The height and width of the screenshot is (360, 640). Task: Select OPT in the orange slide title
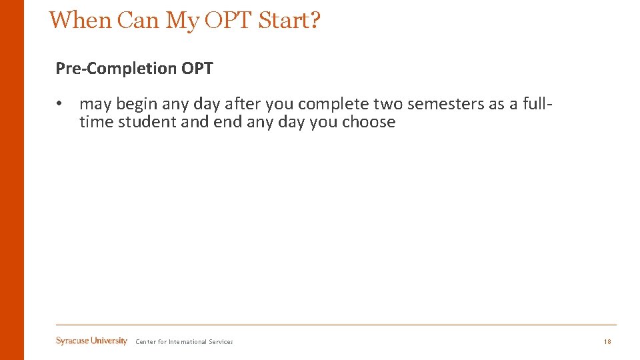tap(228, 20)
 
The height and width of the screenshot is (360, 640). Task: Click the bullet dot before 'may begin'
tap(59, 104)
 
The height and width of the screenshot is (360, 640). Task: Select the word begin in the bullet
tap(137, 104)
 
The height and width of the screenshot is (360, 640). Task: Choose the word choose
tap(369, 122)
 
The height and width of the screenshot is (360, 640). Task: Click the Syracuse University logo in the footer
tap(91, 341)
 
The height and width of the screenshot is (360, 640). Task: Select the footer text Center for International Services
tap(184, 342)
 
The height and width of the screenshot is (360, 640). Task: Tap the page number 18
tap(607, 342)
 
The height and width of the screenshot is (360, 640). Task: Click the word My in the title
tap(182, 20)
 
